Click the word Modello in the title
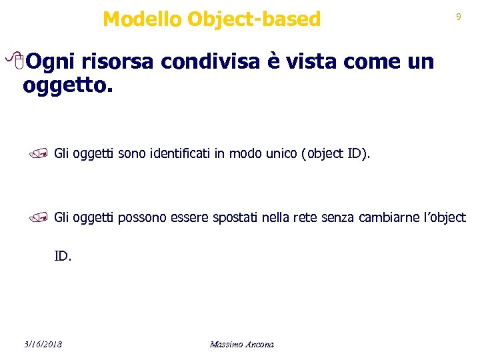click(x=142, y=19)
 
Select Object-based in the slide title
click(x=254, y=20)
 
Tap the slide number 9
click(x=458, y=17)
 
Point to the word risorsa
click(x=117, y=62)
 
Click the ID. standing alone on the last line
click(x=63, y=255)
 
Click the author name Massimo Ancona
click(x=241, y=344)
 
